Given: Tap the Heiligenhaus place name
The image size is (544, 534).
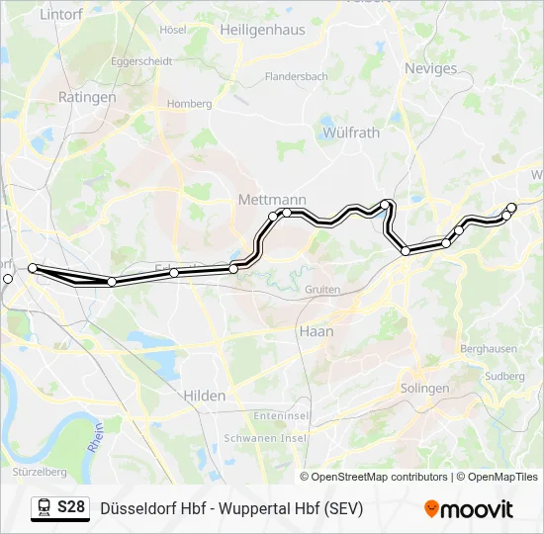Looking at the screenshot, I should tap(262, 31).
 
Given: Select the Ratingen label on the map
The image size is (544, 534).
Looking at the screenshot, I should tap(87, 98).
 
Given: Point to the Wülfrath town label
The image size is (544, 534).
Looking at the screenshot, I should tap(351, 133).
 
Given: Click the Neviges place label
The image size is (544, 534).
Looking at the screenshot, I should tap(431, 69).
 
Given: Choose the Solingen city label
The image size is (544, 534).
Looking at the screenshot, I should tap(425, 389).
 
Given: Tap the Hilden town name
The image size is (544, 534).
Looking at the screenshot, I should tap(204, 396).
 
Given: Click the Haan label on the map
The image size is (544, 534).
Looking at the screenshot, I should tap(317, 332).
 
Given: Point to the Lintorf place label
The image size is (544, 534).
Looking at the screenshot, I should tap(60, 15).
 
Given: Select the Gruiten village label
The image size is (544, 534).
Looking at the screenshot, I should tap(323, 290).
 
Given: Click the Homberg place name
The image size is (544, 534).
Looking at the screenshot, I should tap(190, 104).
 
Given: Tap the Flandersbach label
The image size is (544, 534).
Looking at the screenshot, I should tap(296, 76).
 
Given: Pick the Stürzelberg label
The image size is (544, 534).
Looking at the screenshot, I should tap(41, 472).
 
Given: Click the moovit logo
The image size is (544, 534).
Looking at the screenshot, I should tap(469, 509).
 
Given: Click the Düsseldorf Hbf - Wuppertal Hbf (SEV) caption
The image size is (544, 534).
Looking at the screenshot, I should tap(231, 508).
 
